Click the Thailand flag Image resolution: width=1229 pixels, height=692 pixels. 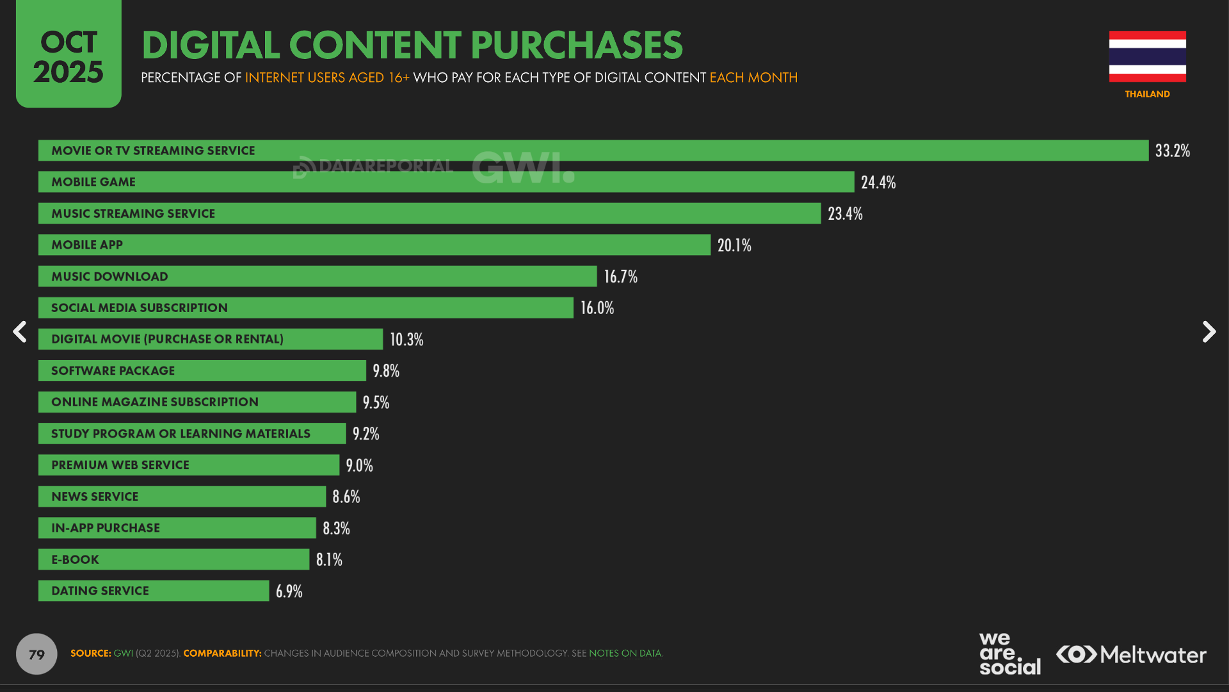pos(1147,56)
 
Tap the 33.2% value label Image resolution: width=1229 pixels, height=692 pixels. pos(1172,151)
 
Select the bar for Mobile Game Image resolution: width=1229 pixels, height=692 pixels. pos(446,182)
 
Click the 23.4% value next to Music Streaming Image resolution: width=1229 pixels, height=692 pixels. pos(845,213)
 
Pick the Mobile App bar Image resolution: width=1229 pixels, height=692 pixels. pos(374,245)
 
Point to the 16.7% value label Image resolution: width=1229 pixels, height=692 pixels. pos(620,276)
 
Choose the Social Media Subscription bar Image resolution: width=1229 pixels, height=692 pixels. pos(305,308)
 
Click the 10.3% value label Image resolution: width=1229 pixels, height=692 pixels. pos(406,339)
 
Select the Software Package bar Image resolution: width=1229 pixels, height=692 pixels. pos(202,370)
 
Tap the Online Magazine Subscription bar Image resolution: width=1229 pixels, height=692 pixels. pos(197,402)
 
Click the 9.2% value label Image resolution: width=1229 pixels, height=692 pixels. pos(365,434)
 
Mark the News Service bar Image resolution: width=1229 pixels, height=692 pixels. pos(182,497)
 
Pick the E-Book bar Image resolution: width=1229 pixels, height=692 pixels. pos(173,559)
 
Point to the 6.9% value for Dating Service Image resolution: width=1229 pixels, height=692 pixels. pos(289,591)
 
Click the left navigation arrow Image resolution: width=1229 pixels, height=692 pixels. pos(20,332)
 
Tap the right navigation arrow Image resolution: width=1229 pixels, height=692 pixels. pos(1209,332)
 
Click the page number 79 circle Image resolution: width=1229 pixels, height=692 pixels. pos(36,654)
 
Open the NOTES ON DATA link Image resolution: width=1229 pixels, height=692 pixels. pos(625,654)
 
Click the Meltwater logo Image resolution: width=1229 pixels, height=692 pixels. pos(1131,654)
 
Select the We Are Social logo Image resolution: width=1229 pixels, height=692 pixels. pos(1009,654)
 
